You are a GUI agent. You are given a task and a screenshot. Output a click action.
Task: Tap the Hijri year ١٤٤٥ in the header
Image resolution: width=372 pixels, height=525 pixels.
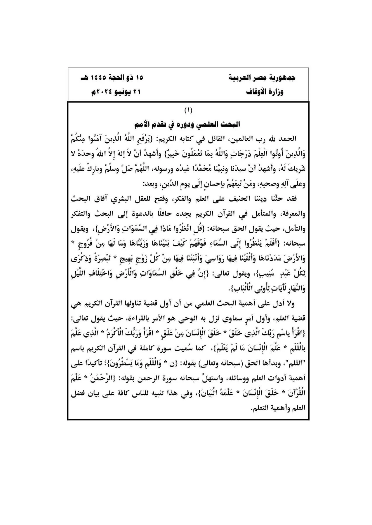click(x=95, y=78)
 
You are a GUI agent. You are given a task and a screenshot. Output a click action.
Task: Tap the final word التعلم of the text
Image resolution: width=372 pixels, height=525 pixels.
click(x=259, y=408)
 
